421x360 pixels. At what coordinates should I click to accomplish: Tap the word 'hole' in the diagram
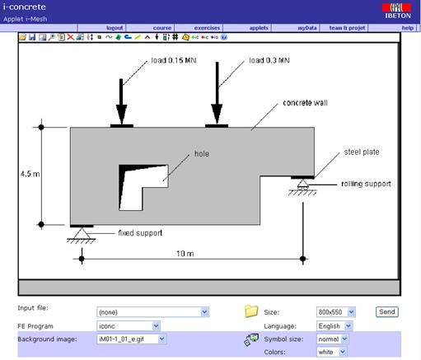tap(202, 153)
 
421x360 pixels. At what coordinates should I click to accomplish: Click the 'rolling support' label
tap(367, 184)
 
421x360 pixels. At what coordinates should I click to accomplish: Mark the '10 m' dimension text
tap(185, 254)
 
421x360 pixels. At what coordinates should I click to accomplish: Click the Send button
tap(386, 312)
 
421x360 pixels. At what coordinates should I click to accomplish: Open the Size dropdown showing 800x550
tap(334, 312)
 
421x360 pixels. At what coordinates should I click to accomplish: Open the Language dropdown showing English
tap(334, 325)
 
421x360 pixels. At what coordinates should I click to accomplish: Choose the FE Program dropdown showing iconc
tap(152, 325)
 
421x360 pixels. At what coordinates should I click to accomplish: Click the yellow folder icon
tap(251, 311)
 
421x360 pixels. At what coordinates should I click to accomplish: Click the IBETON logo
tap(399, 11)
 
